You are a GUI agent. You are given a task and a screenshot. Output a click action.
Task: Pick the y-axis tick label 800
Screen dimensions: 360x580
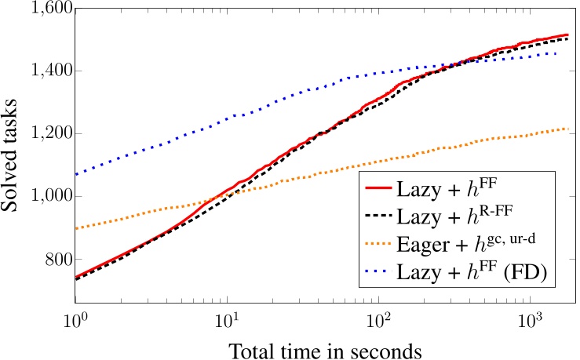[60, 259]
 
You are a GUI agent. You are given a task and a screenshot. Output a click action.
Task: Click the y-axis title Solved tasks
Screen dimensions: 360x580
[16, 155]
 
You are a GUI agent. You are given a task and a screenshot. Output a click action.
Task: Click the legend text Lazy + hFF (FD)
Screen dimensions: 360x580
[476, 273]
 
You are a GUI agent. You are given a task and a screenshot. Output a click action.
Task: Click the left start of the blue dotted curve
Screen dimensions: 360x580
[76, 174]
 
